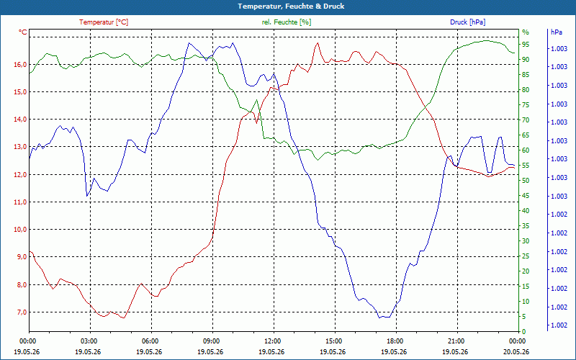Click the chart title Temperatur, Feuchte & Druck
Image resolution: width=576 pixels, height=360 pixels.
(x=291, y=6)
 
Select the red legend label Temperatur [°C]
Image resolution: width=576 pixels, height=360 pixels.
(x=104, y=22)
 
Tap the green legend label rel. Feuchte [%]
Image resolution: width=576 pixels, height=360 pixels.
(x=287, y=22)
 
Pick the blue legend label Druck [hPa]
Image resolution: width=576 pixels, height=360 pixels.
(x=467, y=22)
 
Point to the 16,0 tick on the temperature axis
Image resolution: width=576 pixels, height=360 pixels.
(x=20, y=65)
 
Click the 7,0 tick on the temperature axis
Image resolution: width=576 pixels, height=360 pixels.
(x=21, y=312)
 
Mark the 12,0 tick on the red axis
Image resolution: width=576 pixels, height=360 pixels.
(x=20, y=174)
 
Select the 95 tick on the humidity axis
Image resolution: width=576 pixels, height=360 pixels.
(x=526, y=45)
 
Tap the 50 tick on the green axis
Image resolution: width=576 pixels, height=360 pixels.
(x=526, y=181)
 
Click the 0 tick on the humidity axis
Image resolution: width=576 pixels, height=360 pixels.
(x=524, y=332)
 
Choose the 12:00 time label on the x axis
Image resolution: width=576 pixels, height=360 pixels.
(x=274, y=341)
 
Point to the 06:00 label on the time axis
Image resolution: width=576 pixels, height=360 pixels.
(x=151, y=341)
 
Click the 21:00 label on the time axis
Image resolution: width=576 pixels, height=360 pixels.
(x=458, y=341)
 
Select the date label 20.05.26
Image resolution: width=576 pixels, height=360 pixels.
(x=517, y=351)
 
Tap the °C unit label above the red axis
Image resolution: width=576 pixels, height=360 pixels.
(x=23, y=32)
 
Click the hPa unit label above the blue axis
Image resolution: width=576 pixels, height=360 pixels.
(x=557, y=32)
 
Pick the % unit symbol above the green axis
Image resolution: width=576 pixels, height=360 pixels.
(x=526, y=32)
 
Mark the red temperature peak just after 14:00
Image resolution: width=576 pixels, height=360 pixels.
(x=318, y=43)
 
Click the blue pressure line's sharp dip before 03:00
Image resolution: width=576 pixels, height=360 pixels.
(x=87, y=196)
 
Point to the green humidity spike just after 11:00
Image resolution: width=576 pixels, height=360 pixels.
(x=257, y=100)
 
